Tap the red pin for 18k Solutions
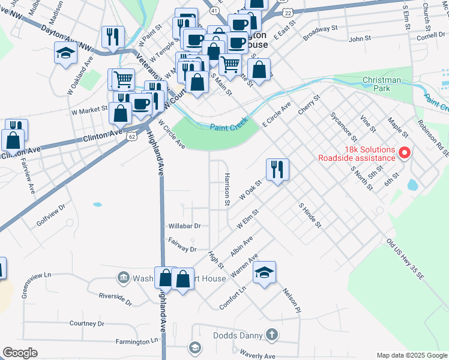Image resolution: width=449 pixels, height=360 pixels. pos(404,154)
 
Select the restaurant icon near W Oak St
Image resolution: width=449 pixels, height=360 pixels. pos(277,169)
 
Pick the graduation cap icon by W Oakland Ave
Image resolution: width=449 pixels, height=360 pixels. pos(65,53)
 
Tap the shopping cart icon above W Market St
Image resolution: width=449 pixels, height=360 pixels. pos(123,78)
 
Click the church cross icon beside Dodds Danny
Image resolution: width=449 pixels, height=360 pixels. pos(271,335)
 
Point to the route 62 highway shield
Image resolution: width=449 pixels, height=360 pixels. pos(131,136)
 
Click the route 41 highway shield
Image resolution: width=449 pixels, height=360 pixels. pos(214,11)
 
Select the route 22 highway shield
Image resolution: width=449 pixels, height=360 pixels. pos(289,12)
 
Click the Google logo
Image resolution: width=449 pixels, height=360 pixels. pos(20,352)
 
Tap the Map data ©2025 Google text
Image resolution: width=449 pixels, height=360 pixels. pos(412,355)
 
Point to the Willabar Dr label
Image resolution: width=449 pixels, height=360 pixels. pos(184,226)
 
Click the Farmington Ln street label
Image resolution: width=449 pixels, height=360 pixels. pos(138,341)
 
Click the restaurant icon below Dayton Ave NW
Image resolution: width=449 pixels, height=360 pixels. pos(112,37)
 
